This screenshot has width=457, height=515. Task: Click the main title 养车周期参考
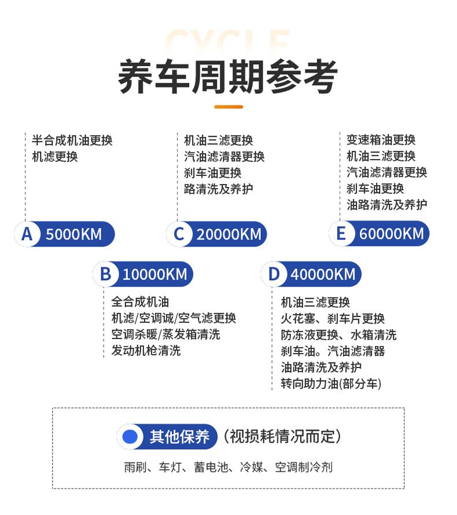pyautogui.click(x=228, y=77)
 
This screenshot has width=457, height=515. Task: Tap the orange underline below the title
pyautogui.click(x=228, y=106)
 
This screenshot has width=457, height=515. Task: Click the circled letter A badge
pyautogui.click(x=27, y=234)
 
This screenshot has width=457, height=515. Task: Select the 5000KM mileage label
pyautogui.click(x=73, y=234)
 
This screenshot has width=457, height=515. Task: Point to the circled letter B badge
pyautogui.click(x=105, y=274)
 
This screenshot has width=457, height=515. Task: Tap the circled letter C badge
pyautogui.click(x=179, y=234)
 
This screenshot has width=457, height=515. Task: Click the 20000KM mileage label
pyautogui.click(x=228, y=234)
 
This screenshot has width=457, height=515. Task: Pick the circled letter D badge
pyautogui.click(x=274, y=274)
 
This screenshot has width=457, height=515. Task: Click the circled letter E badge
pyautogui.click(x=341, y=234)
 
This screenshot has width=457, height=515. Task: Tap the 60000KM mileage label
pyautogui.click(x=391, y=234)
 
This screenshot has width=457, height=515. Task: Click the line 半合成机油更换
pyautogui.click(x=72, y=141)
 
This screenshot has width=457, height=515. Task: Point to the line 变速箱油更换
pyautogui.click(x=381, y=140)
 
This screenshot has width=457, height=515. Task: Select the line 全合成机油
pyautogui.click(x=140, y=302)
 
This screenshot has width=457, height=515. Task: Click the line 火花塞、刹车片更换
pyautogui.click(x=333, y=318)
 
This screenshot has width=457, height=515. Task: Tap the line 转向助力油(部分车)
pyautogui.click(x=331, y=383)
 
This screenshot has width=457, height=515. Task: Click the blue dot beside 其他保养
pyautogui.click(x=130, y=437)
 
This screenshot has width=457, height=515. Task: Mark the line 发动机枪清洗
pyautogui.click(x=146, y=351)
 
